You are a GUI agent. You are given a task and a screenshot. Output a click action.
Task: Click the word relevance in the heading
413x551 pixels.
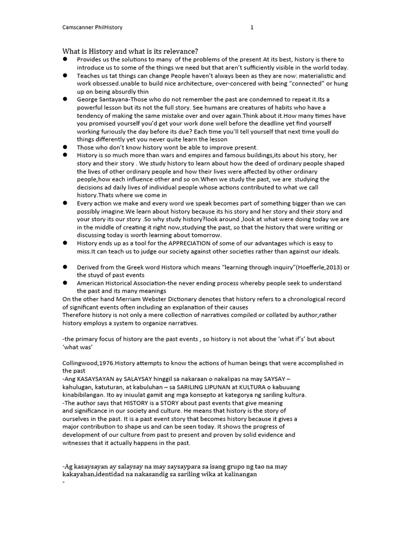(178, 51)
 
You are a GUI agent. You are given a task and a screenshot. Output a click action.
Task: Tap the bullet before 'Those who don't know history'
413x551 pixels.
(65, 147)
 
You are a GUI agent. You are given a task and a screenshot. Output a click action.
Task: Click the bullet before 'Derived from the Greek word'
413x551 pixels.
(65, 267)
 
